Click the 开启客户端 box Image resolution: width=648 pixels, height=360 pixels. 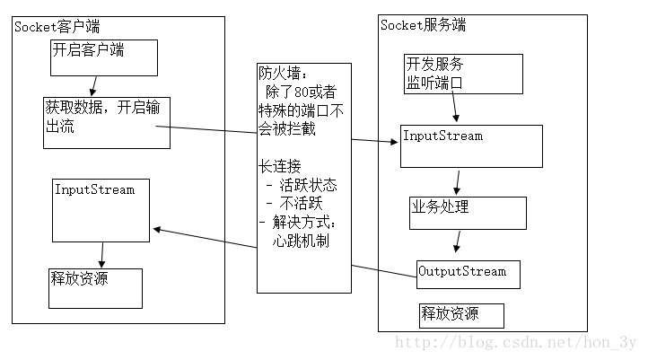[x=103, y=57]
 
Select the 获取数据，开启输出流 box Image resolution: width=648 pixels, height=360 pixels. [x=106, y=123]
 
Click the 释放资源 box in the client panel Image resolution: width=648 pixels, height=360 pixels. [x=94, y=287]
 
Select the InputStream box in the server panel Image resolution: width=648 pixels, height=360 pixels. [x=471, y=145]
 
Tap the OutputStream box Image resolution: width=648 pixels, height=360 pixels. [x=468, y=274]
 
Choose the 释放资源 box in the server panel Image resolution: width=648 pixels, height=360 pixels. [x=461, y=315]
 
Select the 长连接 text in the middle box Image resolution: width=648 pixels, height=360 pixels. [x=277, y=166]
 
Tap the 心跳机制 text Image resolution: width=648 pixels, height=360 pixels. [x=302, y=241]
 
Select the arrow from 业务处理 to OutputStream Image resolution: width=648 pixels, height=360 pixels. [x=459, y=241]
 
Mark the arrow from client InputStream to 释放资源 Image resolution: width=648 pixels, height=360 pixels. [x=101, y=253]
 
